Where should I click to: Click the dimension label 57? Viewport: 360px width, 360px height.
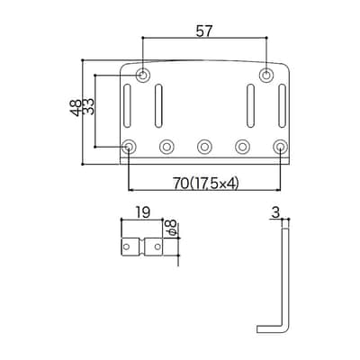(204, 31)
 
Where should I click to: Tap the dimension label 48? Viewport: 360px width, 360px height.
(76, 107)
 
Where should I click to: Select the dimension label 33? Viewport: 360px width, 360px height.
(88, 106)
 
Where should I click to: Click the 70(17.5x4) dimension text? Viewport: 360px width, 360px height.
(205, 184)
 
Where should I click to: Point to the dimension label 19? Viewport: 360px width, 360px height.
(142, 212)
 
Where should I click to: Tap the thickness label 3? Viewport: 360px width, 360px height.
(275, 212)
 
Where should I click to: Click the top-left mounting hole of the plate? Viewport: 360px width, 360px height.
(143, 75)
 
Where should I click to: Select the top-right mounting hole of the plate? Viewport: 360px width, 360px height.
(265, 75)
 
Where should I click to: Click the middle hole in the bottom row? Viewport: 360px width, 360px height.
(204, 147)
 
